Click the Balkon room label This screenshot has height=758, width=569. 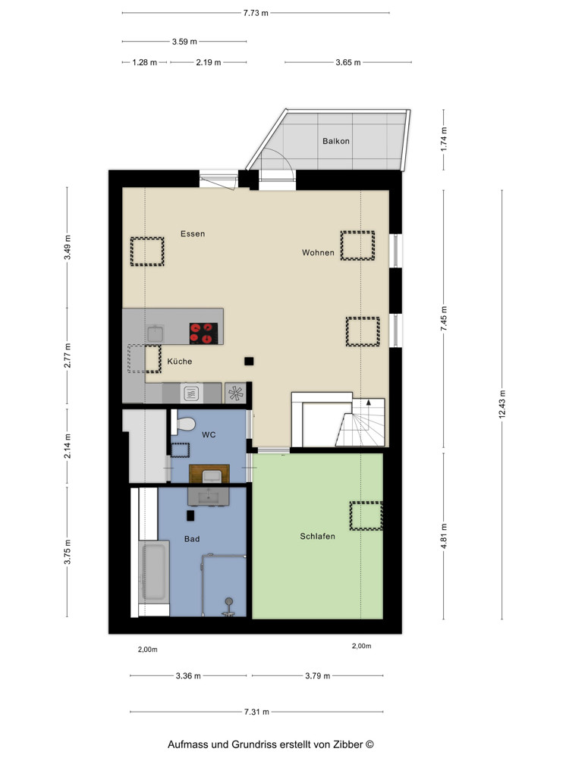336,141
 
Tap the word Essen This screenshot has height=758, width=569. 193,233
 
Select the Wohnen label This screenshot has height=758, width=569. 318,252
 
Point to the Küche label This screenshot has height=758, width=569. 180,361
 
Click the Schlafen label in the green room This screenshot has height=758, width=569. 317,536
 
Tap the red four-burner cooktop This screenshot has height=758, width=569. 203,333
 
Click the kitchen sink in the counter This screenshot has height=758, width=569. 156,334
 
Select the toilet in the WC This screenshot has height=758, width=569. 184,424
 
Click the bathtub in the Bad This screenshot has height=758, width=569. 154,572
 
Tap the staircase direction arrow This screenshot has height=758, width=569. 369,402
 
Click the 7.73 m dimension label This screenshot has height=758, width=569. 256,13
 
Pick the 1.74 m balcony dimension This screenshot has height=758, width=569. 444,139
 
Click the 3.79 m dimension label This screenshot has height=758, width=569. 317,676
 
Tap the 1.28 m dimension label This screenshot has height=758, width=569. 145,62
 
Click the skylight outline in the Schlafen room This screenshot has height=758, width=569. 366,516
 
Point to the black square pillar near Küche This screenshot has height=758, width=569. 249,361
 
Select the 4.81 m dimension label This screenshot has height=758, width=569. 444,536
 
